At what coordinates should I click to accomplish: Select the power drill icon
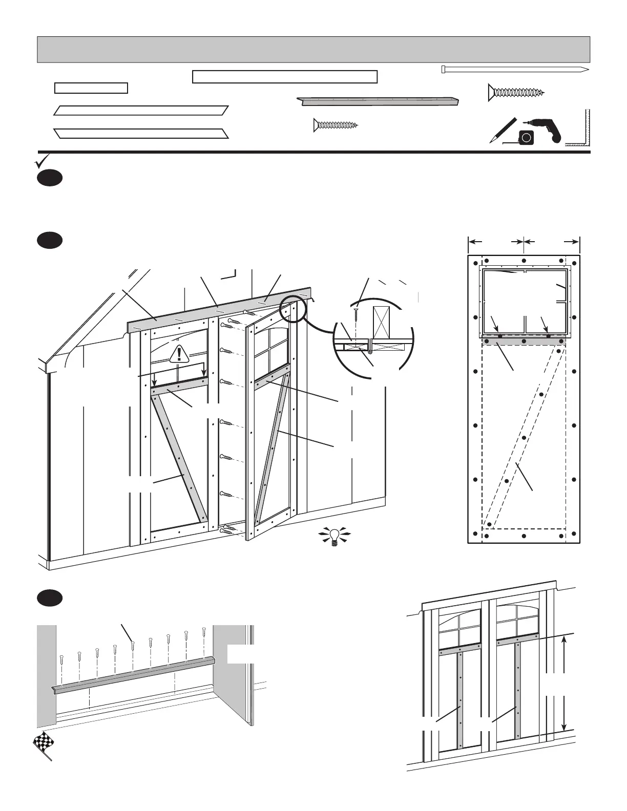coord(544,128)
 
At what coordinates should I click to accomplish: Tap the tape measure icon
coord(526,137)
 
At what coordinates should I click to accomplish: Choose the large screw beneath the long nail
coord(516,92)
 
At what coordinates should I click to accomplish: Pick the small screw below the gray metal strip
coord(336,125)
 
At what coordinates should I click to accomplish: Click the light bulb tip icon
coord(334,536)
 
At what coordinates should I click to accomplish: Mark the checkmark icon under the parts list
coord(40,162)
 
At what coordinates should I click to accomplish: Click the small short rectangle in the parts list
coord(91,88)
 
